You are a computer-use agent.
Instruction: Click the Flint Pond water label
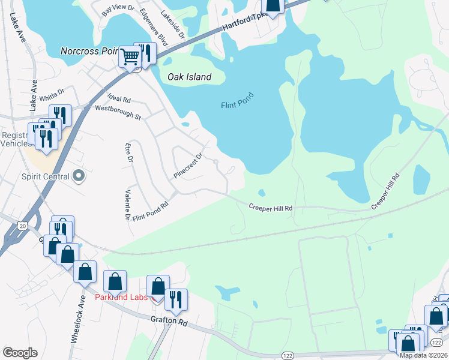tap(237, 100)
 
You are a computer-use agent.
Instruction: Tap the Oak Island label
tap(189, 77)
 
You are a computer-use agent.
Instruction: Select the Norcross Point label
tap(90, 51)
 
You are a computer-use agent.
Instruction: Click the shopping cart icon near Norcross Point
tap(130, 58)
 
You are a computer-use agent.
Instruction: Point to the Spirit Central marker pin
tap(79, 177)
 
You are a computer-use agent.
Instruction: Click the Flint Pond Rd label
tap(150, 211)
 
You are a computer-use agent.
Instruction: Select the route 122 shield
tap(289, 355)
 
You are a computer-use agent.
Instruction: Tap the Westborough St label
tap(118, 111)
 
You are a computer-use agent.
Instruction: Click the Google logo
tap(20, 353)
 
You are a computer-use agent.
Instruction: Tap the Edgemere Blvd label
tap(154, 27)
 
